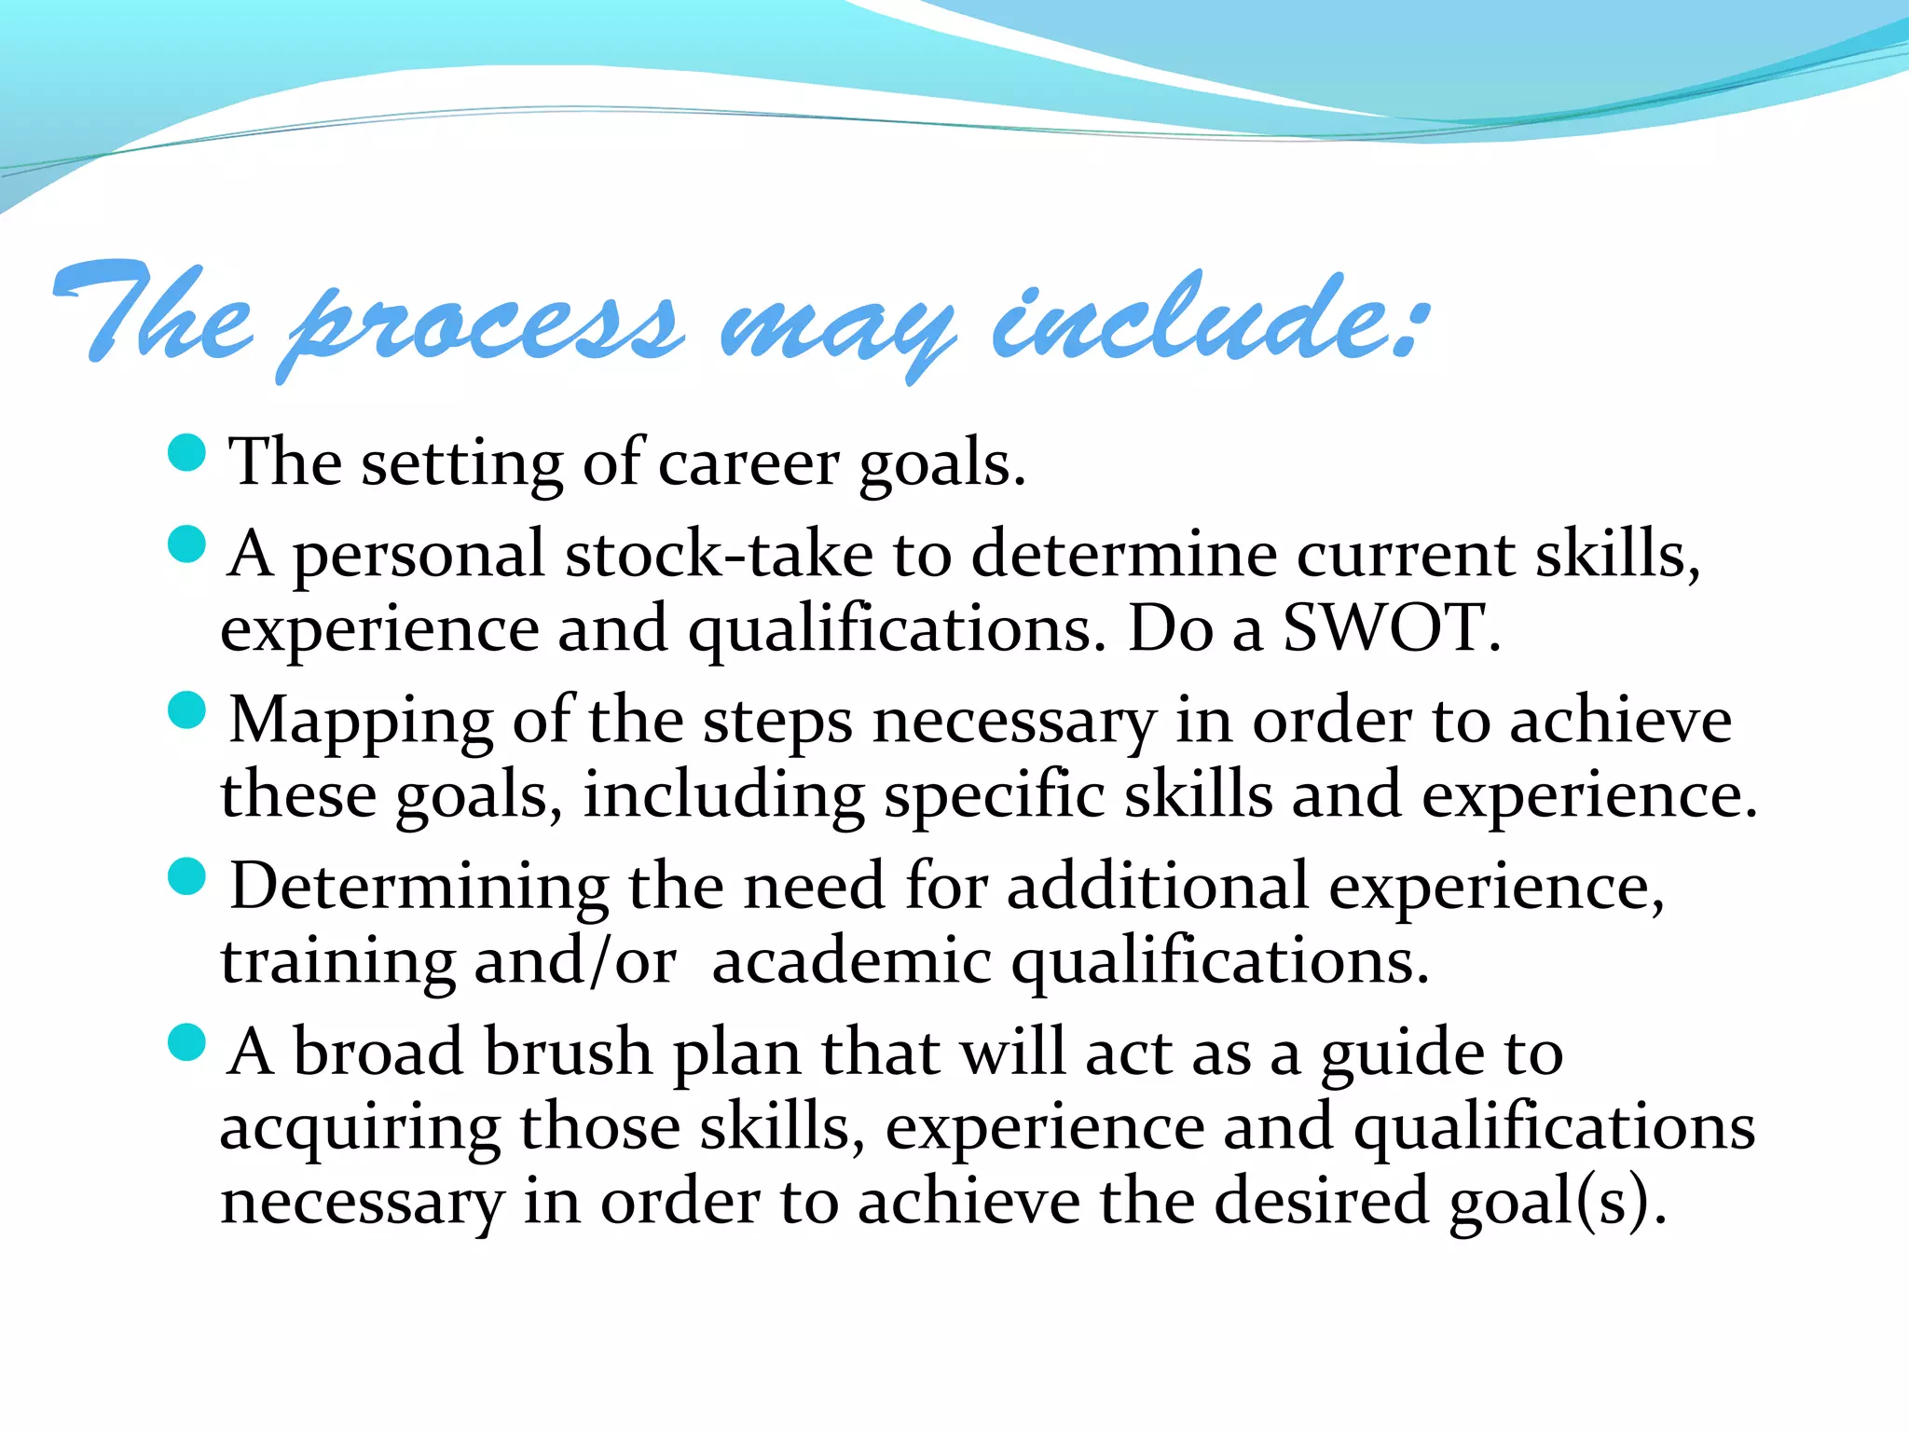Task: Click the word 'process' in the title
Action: click(485, 326)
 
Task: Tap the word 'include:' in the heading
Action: click(1207, 322)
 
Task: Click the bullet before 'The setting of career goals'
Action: click(186, 453)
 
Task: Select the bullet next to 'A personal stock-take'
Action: click(186, 544)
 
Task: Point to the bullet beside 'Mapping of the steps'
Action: click(186, 710)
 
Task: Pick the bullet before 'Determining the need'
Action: click(186, 876)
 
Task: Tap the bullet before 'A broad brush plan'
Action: click(186, 1042)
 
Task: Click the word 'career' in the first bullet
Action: click(748, 463)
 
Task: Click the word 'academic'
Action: click(851, 961)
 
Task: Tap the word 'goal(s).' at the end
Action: click(1558, 1202)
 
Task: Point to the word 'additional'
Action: click(1158, 887)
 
